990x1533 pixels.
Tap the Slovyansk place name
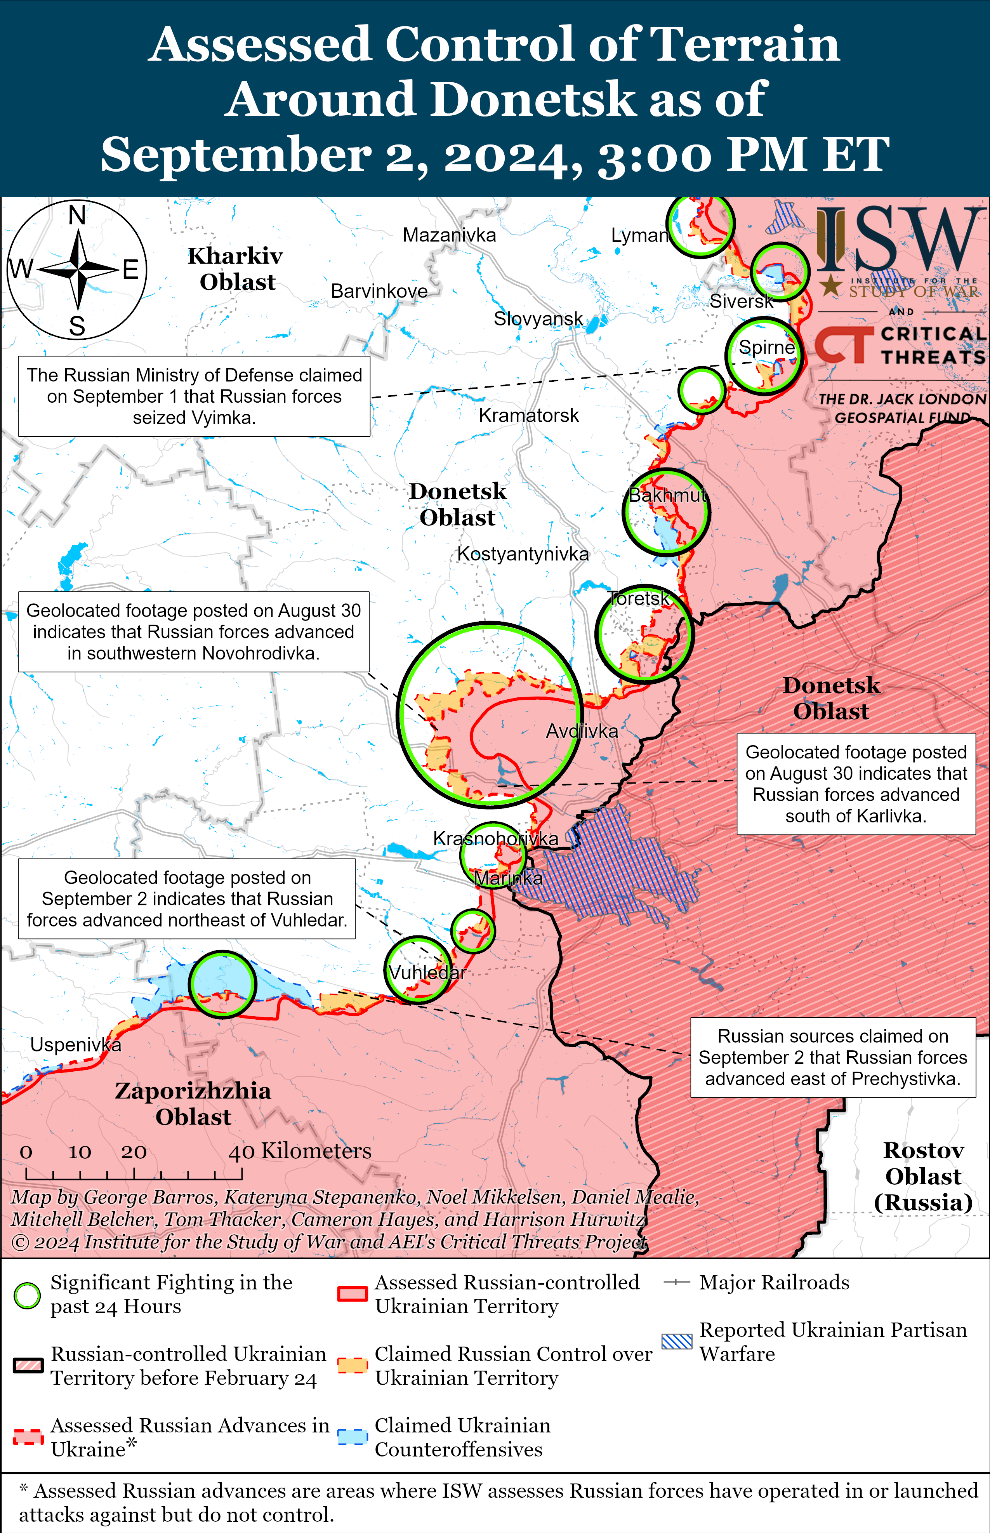pyautogui.click(x=538, y=319)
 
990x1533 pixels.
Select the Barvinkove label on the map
pyautogui.click(x=379, y=291)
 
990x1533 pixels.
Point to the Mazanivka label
pyautogui.click(x=449, y=235)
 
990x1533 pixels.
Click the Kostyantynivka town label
pyautogui.click(x=523, y=554)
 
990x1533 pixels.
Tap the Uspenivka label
pyautogui.click(x=76, y=1045)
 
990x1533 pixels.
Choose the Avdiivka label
pyautogui.click(x=582, y=731)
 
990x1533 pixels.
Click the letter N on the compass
pyautogui.click(x=77, y=216)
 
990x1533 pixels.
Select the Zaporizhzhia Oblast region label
pyautogui.click(x=193, y=1103)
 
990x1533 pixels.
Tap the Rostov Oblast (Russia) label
pyautogui.click(x=923, y=1176)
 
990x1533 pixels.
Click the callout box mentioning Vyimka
pyautogui.click(x=194, y=396)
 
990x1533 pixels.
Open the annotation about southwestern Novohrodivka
pyautogui.click(x=193, y=632)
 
